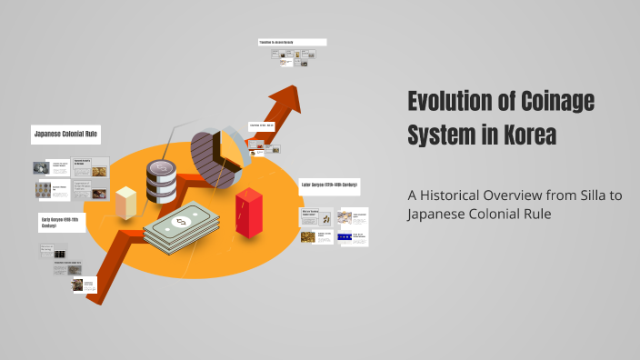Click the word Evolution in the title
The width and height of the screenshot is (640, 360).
click(449, 102)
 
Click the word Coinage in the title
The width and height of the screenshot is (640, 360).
click(555, 102)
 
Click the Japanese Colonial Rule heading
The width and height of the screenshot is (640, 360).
click(65, 135)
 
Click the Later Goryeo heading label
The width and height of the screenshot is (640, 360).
click(329, 185)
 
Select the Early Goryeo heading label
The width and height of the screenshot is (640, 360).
click(62, 222)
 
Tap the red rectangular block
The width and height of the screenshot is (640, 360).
click(248, 212)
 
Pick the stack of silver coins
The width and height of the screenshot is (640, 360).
click(161, 180)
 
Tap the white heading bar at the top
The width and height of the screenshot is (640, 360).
click(292, 42)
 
